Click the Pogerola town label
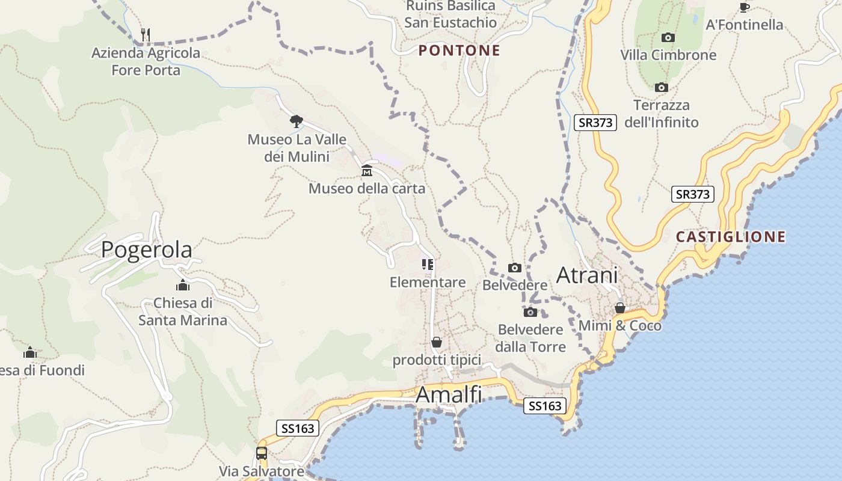147,250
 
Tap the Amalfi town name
449,395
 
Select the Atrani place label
587,275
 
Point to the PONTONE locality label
459,51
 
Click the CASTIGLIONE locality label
731,237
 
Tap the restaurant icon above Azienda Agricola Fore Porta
145,34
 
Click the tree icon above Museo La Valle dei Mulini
296,121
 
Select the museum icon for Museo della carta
367,171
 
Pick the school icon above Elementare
428,265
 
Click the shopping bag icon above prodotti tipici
437,342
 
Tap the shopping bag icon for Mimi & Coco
620,308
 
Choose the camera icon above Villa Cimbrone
668,37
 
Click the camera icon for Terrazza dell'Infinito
661,88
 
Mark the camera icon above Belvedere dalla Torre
530,312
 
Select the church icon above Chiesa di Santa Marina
183,285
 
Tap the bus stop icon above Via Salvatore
262,453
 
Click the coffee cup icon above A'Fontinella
744,7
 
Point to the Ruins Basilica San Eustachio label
450,14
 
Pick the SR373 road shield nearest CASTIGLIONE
692,194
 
